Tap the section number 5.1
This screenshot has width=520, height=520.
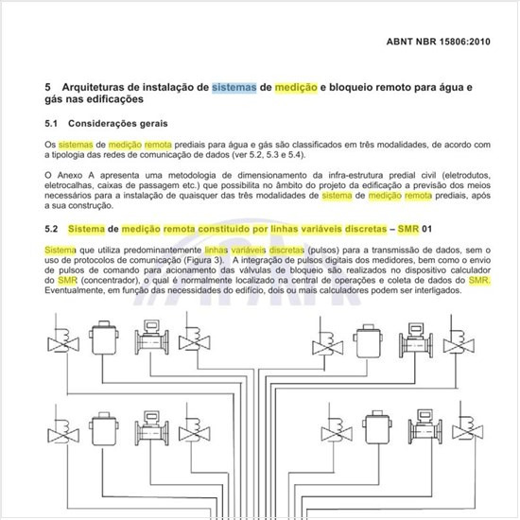(53, 123)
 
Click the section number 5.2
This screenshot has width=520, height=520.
(53, 229)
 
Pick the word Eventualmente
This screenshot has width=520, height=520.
(80, 293)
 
